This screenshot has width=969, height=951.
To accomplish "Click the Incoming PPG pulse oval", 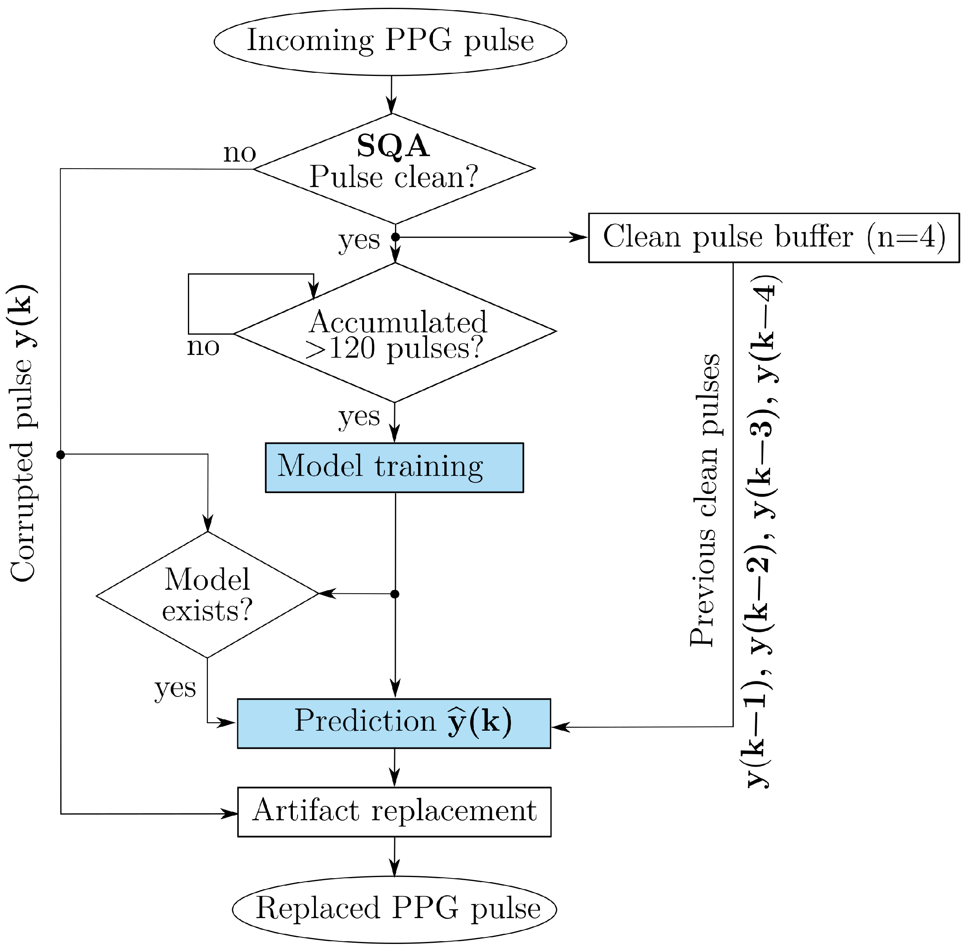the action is click(390, 41).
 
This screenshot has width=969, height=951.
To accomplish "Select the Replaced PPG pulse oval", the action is click(394, 909).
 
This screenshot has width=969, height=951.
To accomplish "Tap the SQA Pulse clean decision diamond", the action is click(394, 169).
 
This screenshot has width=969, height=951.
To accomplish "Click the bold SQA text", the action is click(393, 146).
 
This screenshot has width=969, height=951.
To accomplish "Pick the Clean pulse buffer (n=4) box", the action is click(774, 238).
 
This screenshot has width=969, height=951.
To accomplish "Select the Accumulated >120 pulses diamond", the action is click(395, 332).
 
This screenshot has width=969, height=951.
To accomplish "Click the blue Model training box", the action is click(394, 468).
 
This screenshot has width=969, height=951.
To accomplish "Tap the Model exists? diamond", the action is click(208, 594).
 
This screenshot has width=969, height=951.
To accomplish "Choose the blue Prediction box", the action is click(394, 723).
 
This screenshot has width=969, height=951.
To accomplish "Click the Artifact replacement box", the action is click(394, 812).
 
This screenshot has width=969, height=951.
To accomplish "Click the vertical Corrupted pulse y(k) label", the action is click(23, 433).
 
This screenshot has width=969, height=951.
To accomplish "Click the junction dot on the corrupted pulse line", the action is click(60, 454).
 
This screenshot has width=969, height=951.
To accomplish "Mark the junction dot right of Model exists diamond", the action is click(395, 594).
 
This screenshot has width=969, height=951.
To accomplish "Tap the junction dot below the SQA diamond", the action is click(395, 237).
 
